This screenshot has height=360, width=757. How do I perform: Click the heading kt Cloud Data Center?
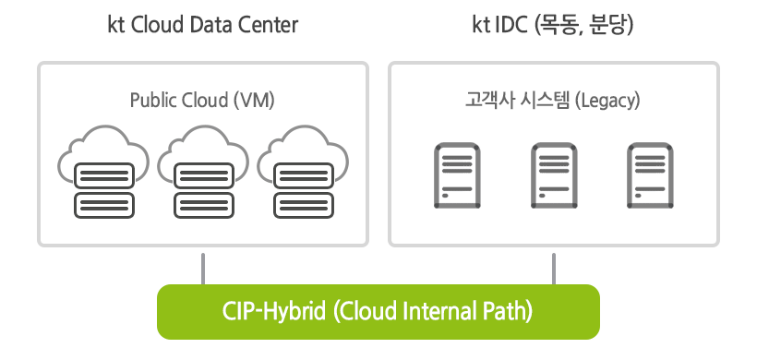coord(203,25)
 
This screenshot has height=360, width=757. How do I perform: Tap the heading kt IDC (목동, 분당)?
coord(553,25)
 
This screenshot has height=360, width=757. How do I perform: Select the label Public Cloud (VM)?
coord(202,98)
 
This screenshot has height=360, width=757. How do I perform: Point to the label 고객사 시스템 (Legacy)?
coord(553,98)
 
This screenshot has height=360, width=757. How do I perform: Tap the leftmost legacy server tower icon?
coord(455,174)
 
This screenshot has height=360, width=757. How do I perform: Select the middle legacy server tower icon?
coord(553,174)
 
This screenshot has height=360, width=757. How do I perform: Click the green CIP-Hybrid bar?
coord(378,311)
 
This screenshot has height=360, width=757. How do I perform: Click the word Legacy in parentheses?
coord(607,98)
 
